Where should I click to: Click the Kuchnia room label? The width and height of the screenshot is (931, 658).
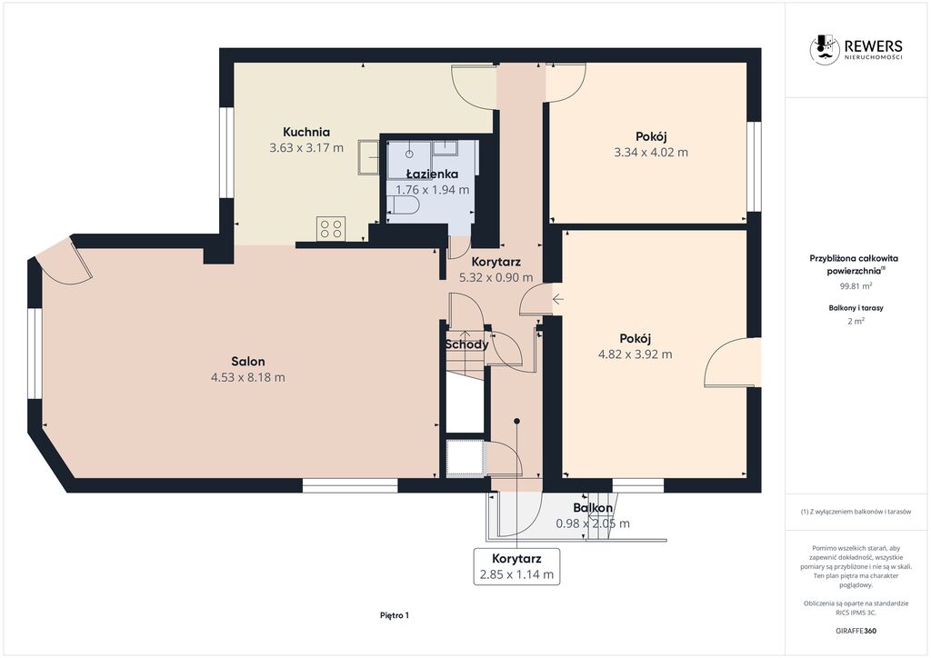(x=305, y=132)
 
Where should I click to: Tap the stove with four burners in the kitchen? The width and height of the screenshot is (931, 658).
(x=331, y=228)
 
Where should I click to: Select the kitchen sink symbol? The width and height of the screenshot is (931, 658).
(x=369, y=157)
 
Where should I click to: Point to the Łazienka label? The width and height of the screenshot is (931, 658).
(x=432, y=174)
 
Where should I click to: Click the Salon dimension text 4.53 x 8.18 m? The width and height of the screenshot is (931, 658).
(x=247, y=377)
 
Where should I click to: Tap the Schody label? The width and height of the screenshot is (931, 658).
(x=467, y=344)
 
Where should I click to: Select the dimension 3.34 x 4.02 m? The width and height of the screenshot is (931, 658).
(x=651, y=152)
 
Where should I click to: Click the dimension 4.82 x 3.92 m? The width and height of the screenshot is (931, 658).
(x=636, y=354)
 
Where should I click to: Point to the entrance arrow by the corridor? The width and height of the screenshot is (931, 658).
(x=557, y=299)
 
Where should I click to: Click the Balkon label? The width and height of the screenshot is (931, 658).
(x=593, y=508)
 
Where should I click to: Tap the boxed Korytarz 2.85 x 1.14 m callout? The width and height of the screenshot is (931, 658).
(x=516, y=566)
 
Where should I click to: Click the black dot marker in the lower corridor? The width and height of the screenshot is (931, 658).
(x=517, y=422)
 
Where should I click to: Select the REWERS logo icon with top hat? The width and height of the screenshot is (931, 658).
(x=825, y=49)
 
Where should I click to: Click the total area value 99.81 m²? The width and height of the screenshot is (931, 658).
(x=856, y=286)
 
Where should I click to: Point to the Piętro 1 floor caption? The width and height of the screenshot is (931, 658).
(x=395, y=615)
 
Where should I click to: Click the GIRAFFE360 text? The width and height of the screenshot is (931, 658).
(x=856, y=631)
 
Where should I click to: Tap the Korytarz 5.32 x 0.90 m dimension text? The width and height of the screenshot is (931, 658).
(x=496, y=277)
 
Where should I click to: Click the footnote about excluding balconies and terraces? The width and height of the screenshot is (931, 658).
(x=856, y=512)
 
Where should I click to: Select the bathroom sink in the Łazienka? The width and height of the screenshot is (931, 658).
(x=445, y=148)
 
